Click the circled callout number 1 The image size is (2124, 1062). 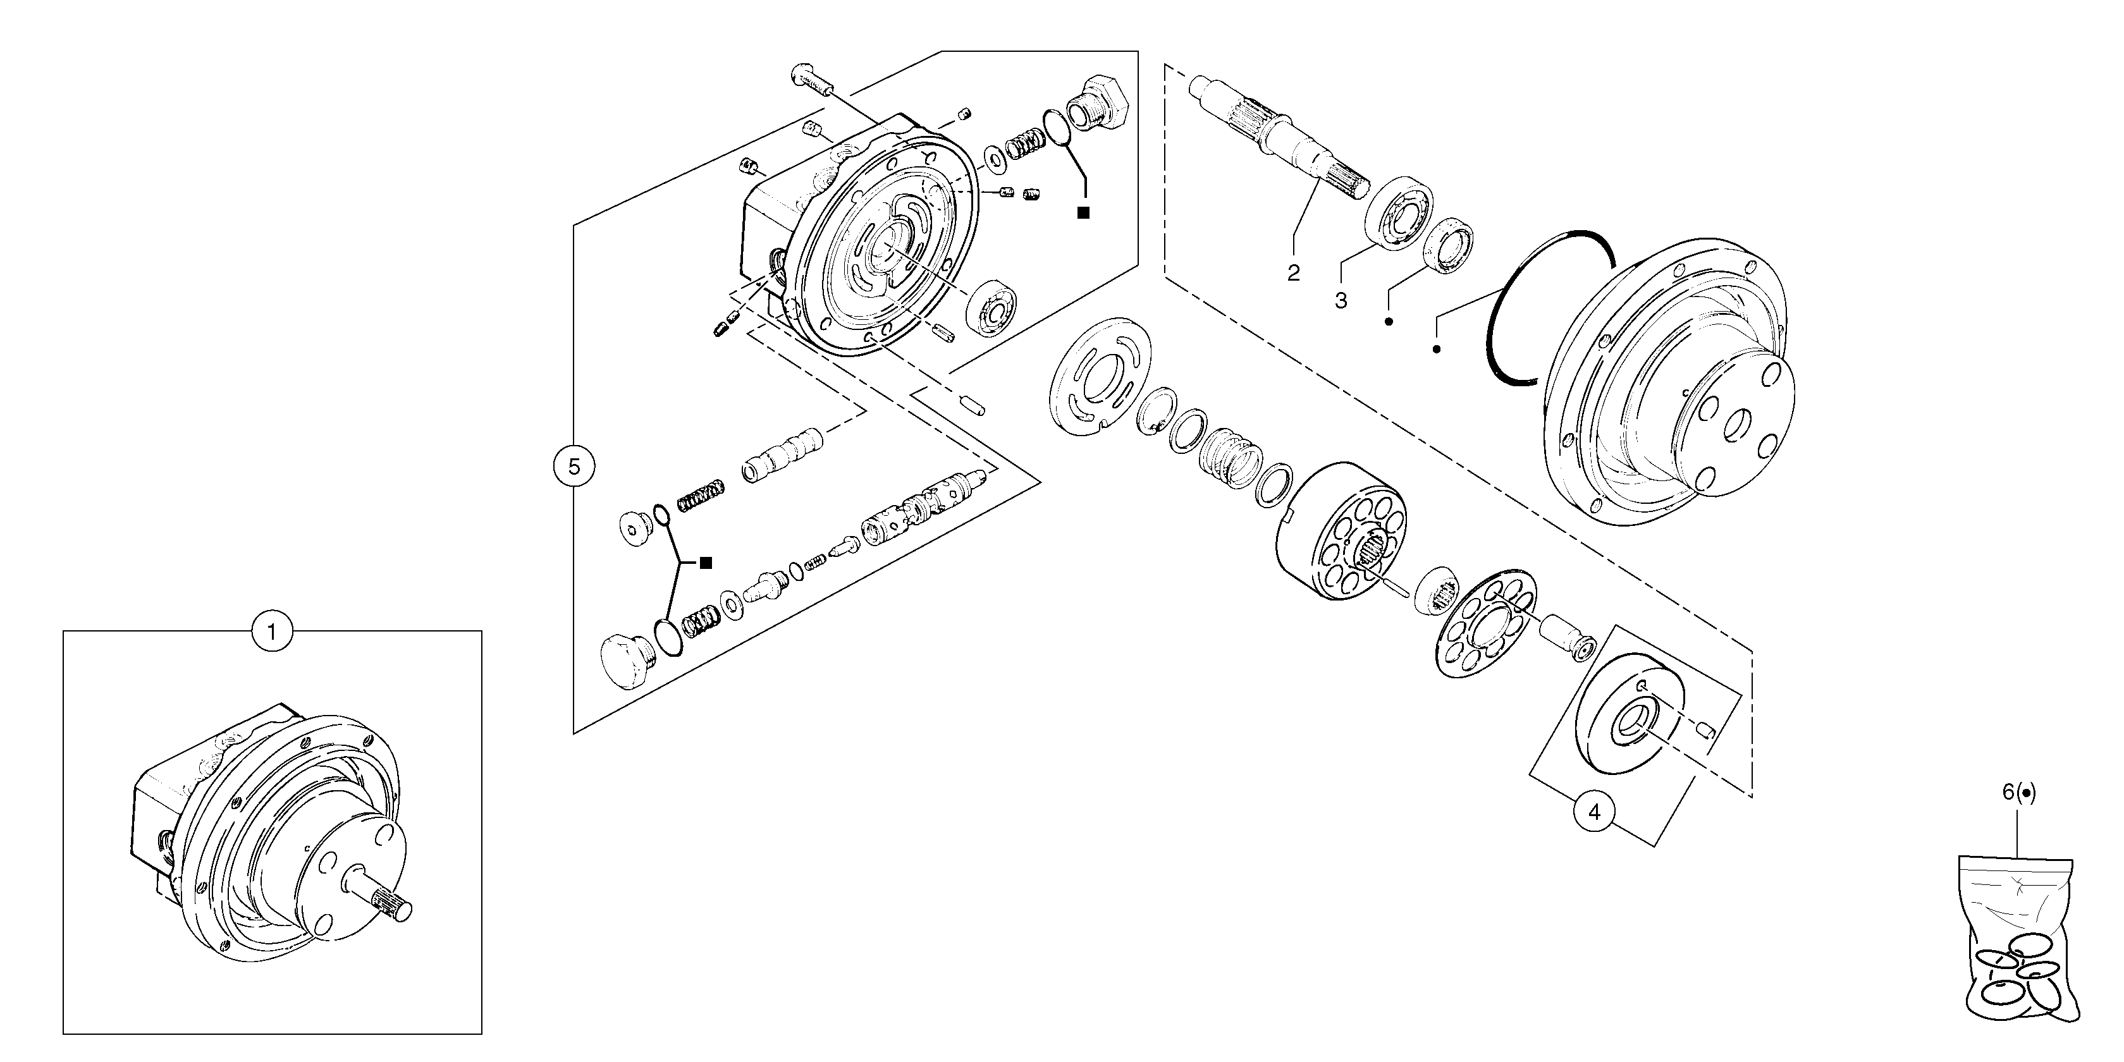[272, 632]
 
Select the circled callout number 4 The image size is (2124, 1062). [1594, 812]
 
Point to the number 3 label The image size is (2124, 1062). [1341, 301]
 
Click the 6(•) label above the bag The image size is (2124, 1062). [2018, 791]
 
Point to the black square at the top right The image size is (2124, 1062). [1083, 213]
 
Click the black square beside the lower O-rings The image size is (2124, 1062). [706, 563]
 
